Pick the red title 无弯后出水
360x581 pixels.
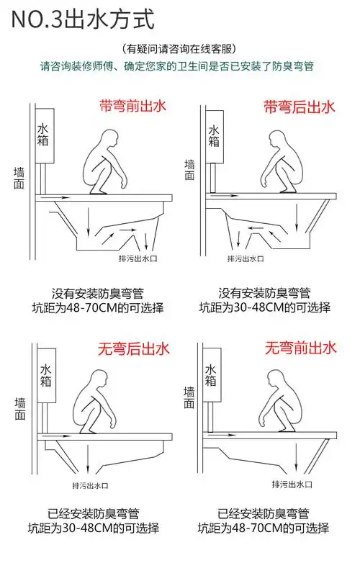click(134, 350)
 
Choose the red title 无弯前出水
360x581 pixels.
click(300, 349)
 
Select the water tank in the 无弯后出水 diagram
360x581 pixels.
click(44, 377)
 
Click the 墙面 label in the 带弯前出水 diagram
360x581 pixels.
click(19, 179)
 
